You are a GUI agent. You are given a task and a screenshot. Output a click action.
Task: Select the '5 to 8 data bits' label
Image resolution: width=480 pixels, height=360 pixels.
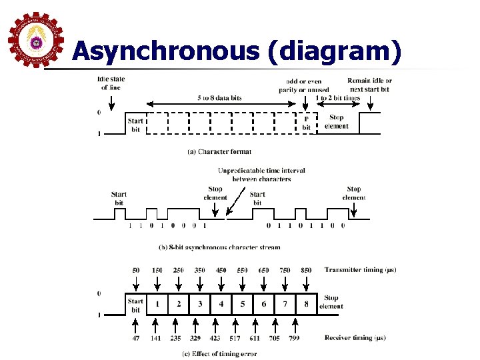tap(219, 98)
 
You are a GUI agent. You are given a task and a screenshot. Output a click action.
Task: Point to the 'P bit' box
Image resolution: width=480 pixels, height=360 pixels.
tap(306, 123)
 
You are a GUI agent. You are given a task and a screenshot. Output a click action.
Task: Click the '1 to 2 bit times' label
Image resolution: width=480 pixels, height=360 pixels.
tap(337, 98)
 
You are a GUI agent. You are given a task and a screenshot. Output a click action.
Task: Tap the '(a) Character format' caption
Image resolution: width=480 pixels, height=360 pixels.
tap(219, 152)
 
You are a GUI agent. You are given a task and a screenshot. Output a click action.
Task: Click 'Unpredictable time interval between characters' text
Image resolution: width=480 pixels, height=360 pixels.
tap(261, 175)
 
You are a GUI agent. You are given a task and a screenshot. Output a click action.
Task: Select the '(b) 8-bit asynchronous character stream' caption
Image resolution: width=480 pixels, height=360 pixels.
tap(219, 247)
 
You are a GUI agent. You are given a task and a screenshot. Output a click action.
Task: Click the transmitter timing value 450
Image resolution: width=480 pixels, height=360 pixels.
tap(221, 270)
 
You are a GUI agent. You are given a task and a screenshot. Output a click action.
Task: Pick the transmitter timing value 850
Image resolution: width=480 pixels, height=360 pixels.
tap(306, 270)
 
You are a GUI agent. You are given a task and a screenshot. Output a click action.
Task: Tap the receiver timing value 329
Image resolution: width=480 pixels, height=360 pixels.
tap(196, 338)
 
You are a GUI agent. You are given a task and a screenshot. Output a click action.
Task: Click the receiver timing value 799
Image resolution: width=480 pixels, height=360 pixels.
tap(293, 338)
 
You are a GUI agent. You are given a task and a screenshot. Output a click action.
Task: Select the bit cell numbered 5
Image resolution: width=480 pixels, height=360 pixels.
tap(243, 304)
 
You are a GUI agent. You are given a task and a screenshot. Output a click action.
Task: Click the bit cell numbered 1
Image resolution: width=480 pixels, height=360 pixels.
tap(157, 304)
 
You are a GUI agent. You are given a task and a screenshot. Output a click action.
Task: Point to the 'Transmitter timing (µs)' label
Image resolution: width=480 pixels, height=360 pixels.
tap(360, 270)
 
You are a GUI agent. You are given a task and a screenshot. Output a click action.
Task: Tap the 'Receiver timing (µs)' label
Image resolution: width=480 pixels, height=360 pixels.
tap(355, 338)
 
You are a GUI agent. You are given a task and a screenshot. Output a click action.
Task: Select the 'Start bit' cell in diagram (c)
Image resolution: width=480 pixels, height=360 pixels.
tap(135, 305)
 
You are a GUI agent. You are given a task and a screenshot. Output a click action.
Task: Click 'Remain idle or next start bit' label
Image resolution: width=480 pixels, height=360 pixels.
tap(369, 85)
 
